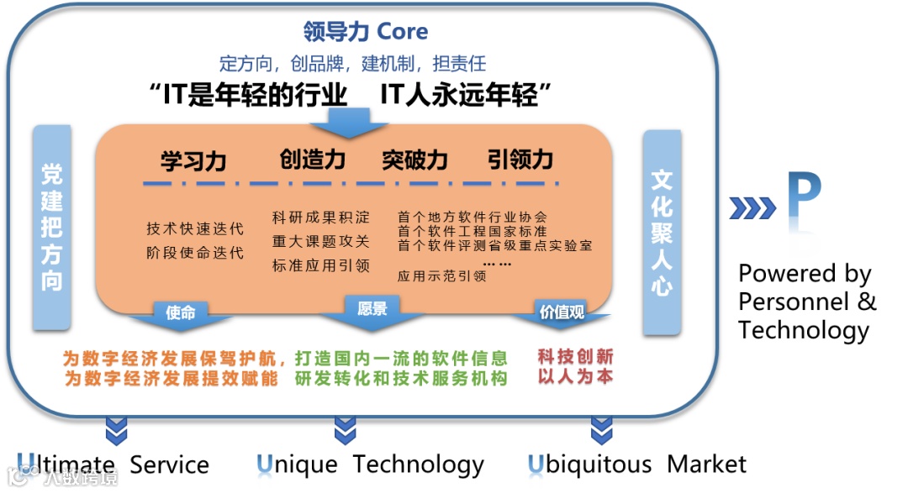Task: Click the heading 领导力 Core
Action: coord(365,32)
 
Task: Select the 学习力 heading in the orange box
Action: coord(193,160)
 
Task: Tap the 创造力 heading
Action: coord(313,159)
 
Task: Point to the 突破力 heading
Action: coord(414,160)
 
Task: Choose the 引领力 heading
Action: coord(520,159)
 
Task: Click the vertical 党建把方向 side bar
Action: coord(52,227)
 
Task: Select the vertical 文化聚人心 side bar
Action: coord(662,231)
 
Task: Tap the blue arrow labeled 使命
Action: coord(181,314)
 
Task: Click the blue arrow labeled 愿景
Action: coord(372,310)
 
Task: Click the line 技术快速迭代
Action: coord(194,228)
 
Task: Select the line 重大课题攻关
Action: coord(320,242)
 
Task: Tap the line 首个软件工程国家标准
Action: coord(472,231)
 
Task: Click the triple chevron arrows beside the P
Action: coord(752,207)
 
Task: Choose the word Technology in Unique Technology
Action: coord(418,464)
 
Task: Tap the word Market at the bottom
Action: coord(706,464)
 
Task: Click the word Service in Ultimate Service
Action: coord(169,464)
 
